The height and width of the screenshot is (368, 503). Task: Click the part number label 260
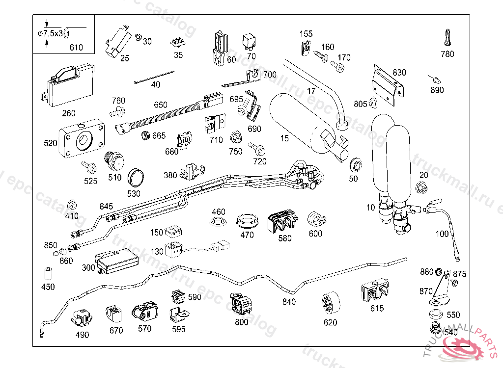(x=69, y=113)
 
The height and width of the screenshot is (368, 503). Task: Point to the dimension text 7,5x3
(x=53, y=33)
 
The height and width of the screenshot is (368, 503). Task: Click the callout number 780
(x=447, y=54)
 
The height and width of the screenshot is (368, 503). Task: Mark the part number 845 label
(x=106, y=206)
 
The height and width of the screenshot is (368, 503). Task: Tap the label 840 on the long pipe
(x=289, y=302)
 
